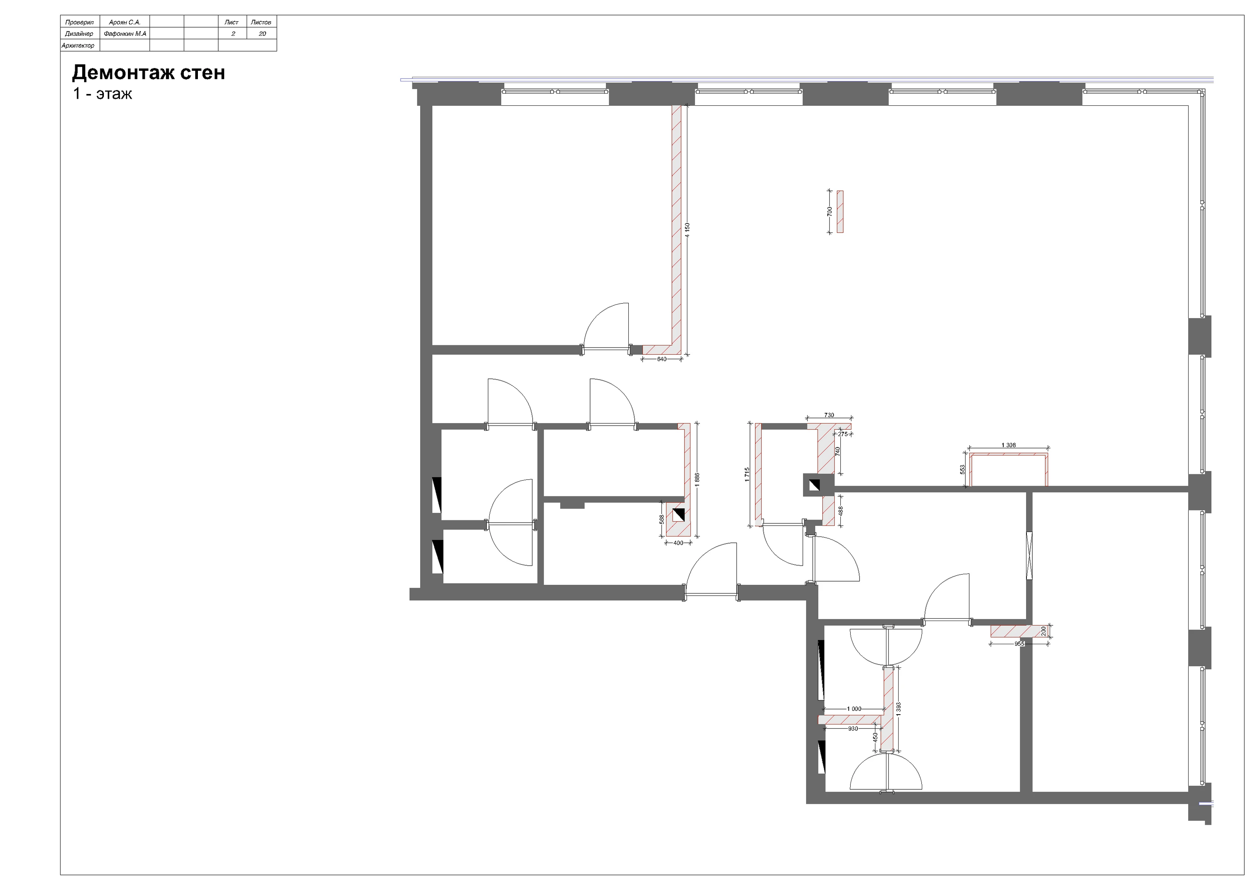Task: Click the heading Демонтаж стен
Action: (x=149, y=73)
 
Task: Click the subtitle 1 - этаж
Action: (x=103, y=94)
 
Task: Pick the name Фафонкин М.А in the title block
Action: (x=125, y=34)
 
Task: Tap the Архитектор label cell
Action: (x=78, y=46)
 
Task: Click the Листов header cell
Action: (x=261, y=22)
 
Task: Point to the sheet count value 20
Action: (x=262, y=34)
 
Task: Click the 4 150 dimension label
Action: (x=688, y=230)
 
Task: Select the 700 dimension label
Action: (x=830, y=212)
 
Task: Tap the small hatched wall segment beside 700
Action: (x=840, y=212)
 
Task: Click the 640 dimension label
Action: (x=662, y=359)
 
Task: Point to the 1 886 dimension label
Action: (x=697, y=479)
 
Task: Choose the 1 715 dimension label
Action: (x=747, y=475)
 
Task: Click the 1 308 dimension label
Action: (x=1009, y=445)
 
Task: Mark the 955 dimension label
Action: (x=1019, y=644)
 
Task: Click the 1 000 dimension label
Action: (x=854, y=709)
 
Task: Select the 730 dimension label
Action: (x=829, y=415)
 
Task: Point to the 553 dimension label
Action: (x=962, y=470)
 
